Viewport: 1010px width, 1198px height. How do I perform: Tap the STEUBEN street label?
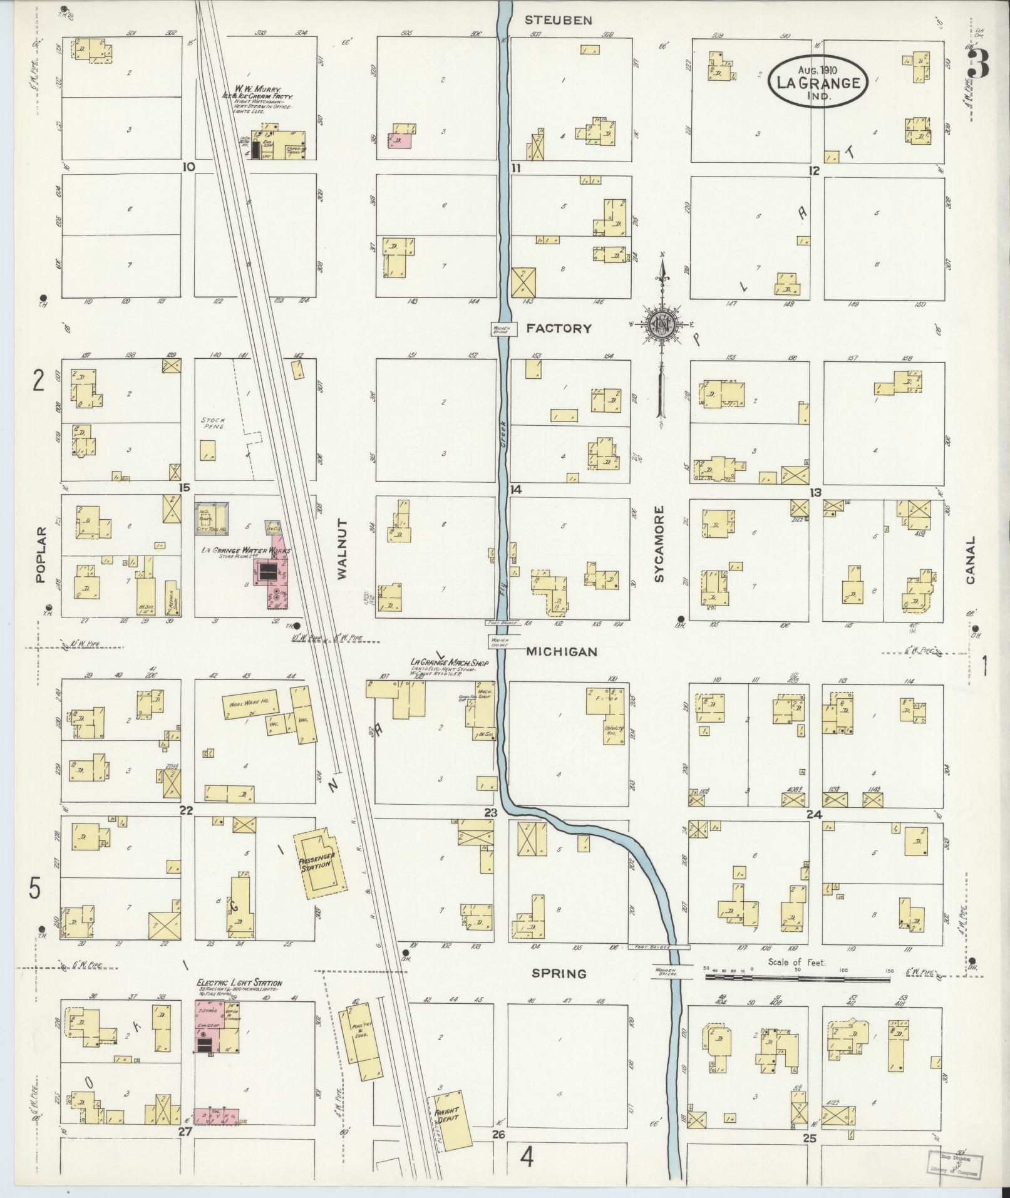pos(558,21)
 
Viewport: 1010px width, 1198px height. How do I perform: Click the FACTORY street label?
pos(558,328)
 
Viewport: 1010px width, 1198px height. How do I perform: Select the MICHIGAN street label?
pos(562,652)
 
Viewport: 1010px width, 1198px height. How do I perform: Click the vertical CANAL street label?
pos(971,559)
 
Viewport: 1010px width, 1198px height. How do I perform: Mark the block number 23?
pos(490,813)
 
